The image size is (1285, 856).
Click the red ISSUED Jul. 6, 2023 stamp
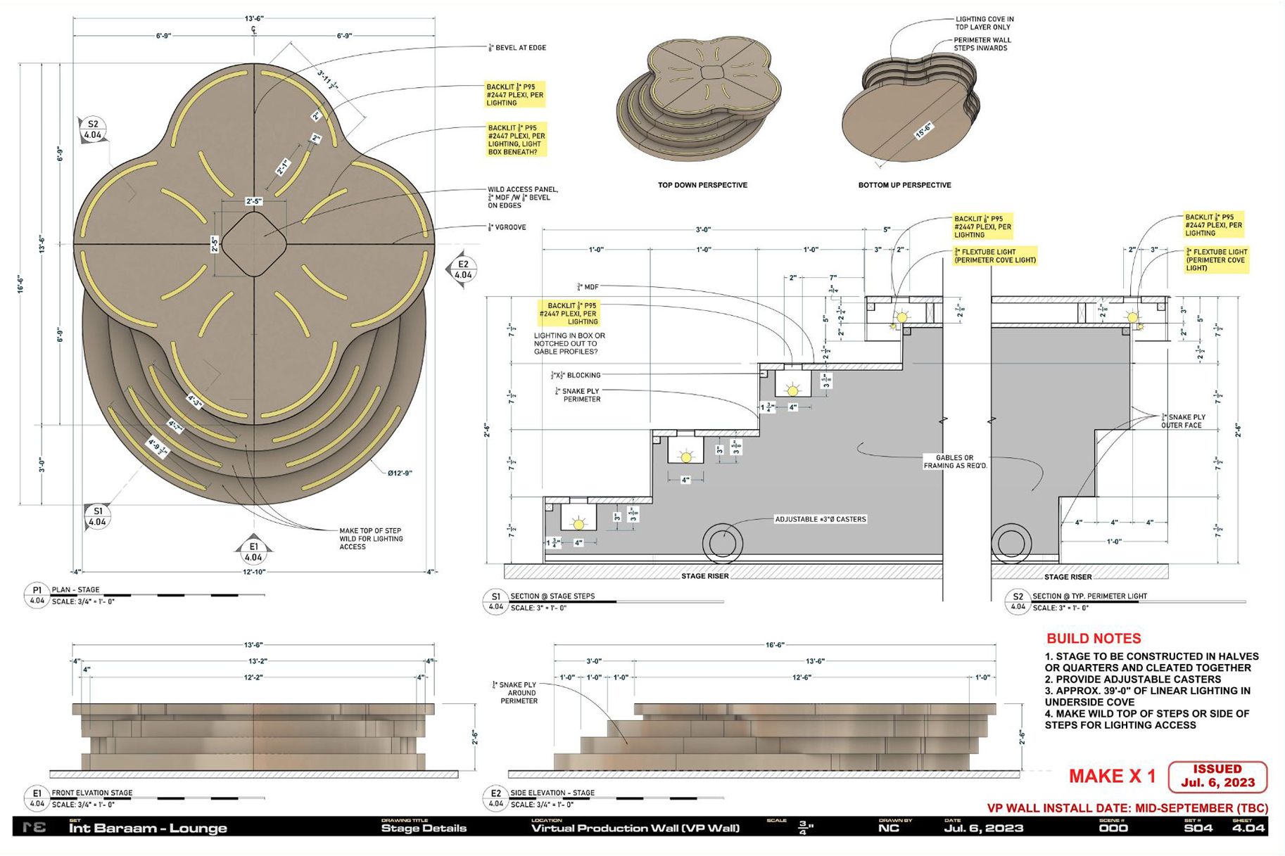coord(1217,776)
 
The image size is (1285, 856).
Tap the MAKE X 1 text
coord(1112,777)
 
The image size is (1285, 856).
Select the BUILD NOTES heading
coord(1094,639)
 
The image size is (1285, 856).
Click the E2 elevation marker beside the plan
coord(462,269)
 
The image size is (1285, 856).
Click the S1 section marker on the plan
coord(97,517)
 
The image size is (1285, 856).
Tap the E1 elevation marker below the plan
coord(253,551)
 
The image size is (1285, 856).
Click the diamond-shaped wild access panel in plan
coord(254,243)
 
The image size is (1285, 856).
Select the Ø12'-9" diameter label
coord(400,473)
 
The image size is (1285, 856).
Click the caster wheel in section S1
coord(723,543)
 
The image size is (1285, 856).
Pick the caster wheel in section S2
coord(1011,543)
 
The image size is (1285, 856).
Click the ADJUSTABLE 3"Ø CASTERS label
coord(821,519)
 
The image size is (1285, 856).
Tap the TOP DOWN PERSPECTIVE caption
coord(702,185)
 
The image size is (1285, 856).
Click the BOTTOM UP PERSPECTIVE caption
coord(904,185)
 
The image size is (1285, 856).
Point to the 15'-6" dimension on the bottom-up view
coord(923,132)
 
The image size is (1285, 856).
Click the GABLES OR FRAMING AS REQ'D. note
coord(955,461)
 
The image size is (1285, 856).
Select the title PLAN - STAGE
coord(75,589)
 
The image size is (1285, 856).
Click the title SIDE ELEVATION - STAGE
coord(552,793)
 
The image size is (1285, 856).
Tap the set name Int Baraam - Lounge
coord(148,829)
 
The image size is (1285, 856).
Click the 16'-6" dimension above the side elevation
coord(775,644)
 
